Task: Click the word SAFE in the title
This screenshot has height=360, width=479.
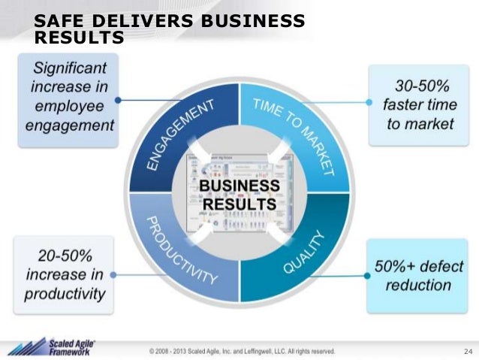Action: (x=57, y=21)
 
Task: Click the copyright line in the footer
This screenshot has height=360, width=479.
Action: (x=242, y=350)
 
